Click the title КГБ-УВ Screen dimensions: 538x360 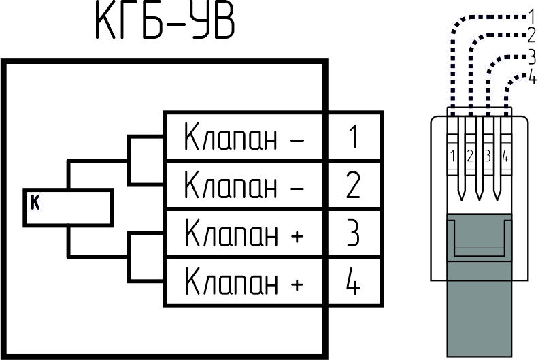click(x=165, y=22)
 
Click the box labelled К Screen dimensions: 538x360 click(x=68, y=208)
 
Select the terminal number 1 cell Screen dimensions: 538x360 click(x=354, y=135)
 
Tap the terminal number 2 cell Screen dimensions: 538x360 click(x=354, y=184)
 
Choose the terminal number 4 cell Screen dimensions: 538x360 click(x=354, y=282)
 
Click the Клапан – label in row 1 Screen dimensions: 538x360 click(x=244, y=137)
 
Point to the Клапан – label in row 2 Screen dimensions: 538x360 click(x=244, y=184)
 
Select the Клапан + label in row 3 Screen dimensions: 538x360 click(x=244, y=233)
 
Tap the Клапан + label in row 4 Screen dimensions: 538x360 click(x=244, y=282)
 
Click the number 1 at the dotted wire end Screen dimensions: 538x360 click(x=531, y=17)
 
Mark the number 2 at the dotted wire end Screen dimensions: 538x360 click(x=531, y=35)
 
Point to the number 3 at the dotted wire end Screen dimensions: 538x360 click(x=532, y=57)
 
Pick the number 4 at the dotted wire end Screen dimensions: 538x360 click(x=532, y=76)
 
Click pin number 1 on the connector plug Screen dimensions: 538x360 click(x=453, y=156)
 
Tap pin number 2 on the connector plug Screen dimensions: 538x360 click(x=470, y=156)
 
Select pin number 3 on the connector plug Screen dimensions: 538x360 click(x=488, y=156)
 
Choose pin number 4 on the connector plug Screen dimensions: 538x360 click(x=505, y=156)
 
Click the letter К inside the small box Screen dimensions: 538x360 click(x=35, y=202)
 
